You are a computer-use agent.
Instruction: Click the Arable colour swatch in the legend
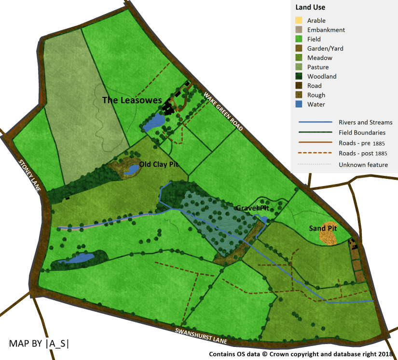(x=299, y=21)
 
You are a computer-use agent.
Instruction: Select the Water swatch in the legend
(x=299, y=104)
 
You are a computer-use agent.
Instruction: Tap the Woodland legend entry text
(x=322, y=77)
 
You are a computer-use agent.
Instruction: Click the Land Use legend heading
(x=310, y=7)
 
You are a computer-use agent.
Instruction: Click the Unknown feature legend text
(x=363, y=165)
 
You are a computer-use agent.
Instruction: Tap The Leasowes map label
(x=132, y=100)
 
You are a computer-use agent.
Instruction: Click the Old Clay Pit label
(x=159, y=164)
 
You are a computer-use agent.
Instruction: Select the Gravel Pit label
(x=252, y=208)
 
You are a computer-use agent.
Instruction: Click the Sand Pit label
(x=323, y=228)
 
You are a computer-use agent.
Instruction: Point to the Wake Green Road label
(x=223, y=111)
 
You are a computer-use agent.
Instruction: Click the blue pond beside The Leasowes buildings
(x=153, y=122)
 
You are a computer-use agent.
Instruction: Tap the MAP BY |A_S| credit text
(x=39, y=344)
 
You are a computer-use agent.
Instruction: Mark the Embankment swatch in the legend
(x=299, y=30)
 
